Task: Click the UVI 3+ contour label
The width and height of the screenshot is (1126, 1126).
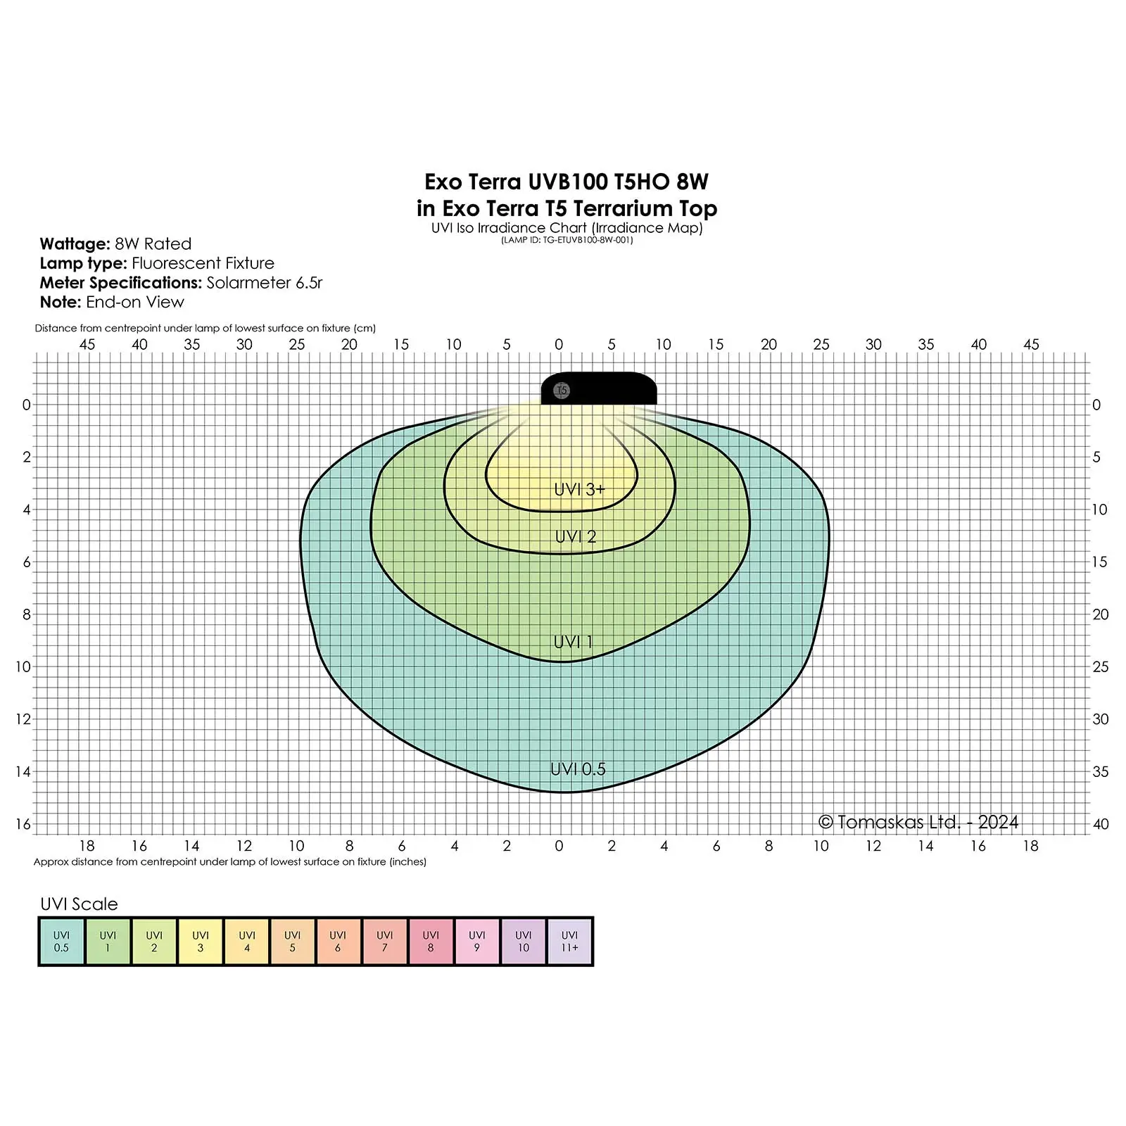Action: (x=579, y=489)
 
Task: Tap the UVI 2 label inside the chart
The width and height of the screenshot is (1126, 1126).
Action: (x=576, y=537)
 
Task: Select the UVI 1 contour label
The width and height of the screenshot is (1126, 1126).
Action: (x=574, y=642)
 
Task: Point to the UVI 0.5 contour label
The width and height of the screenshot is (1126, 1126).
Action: (x=578, y=769)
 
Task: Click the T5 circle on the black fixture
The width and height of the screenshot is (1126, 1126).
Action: (x=562, y=391)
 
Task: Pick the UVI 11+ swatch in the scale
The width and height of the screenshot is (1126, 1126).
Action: (x=569, y=942)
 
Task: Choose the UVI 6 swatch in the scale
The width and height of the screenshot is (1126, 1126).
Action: (x=338, y=942)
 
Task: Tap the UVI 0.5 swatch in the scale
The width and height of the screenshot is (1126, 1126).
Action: (x=62, y=942)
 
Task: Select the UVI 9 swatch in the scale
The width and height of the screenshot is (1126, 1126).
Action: (x=477, y=942)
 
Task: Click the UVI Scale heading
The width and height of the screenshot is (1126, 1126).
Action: (x=79, y=904)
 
